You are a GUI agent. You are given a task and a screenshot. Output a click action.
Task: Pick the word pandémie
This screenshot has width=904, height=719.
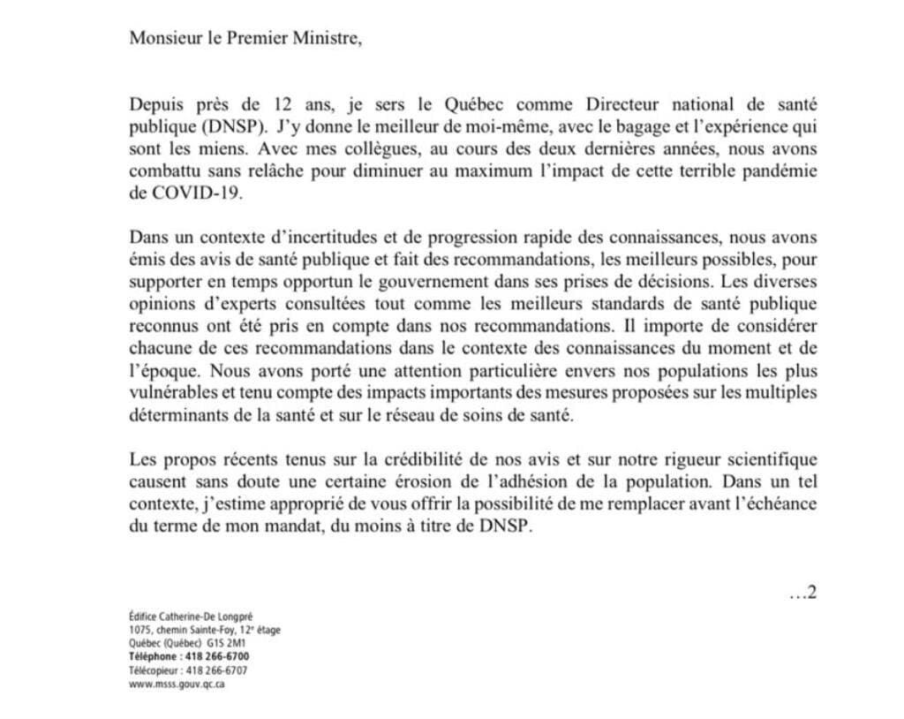pos(784,171)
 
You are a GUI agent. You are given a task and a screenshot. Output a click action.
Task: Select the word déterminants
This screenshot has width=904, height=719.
pos(175,415)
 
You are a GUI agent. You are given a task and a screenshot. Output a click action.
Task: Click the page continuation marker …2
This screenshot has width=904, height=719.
pos(802,593)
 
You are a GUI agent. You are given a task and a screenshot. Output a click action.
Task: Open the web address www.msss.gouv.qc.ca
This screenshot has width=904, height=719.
pos(177,684)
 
